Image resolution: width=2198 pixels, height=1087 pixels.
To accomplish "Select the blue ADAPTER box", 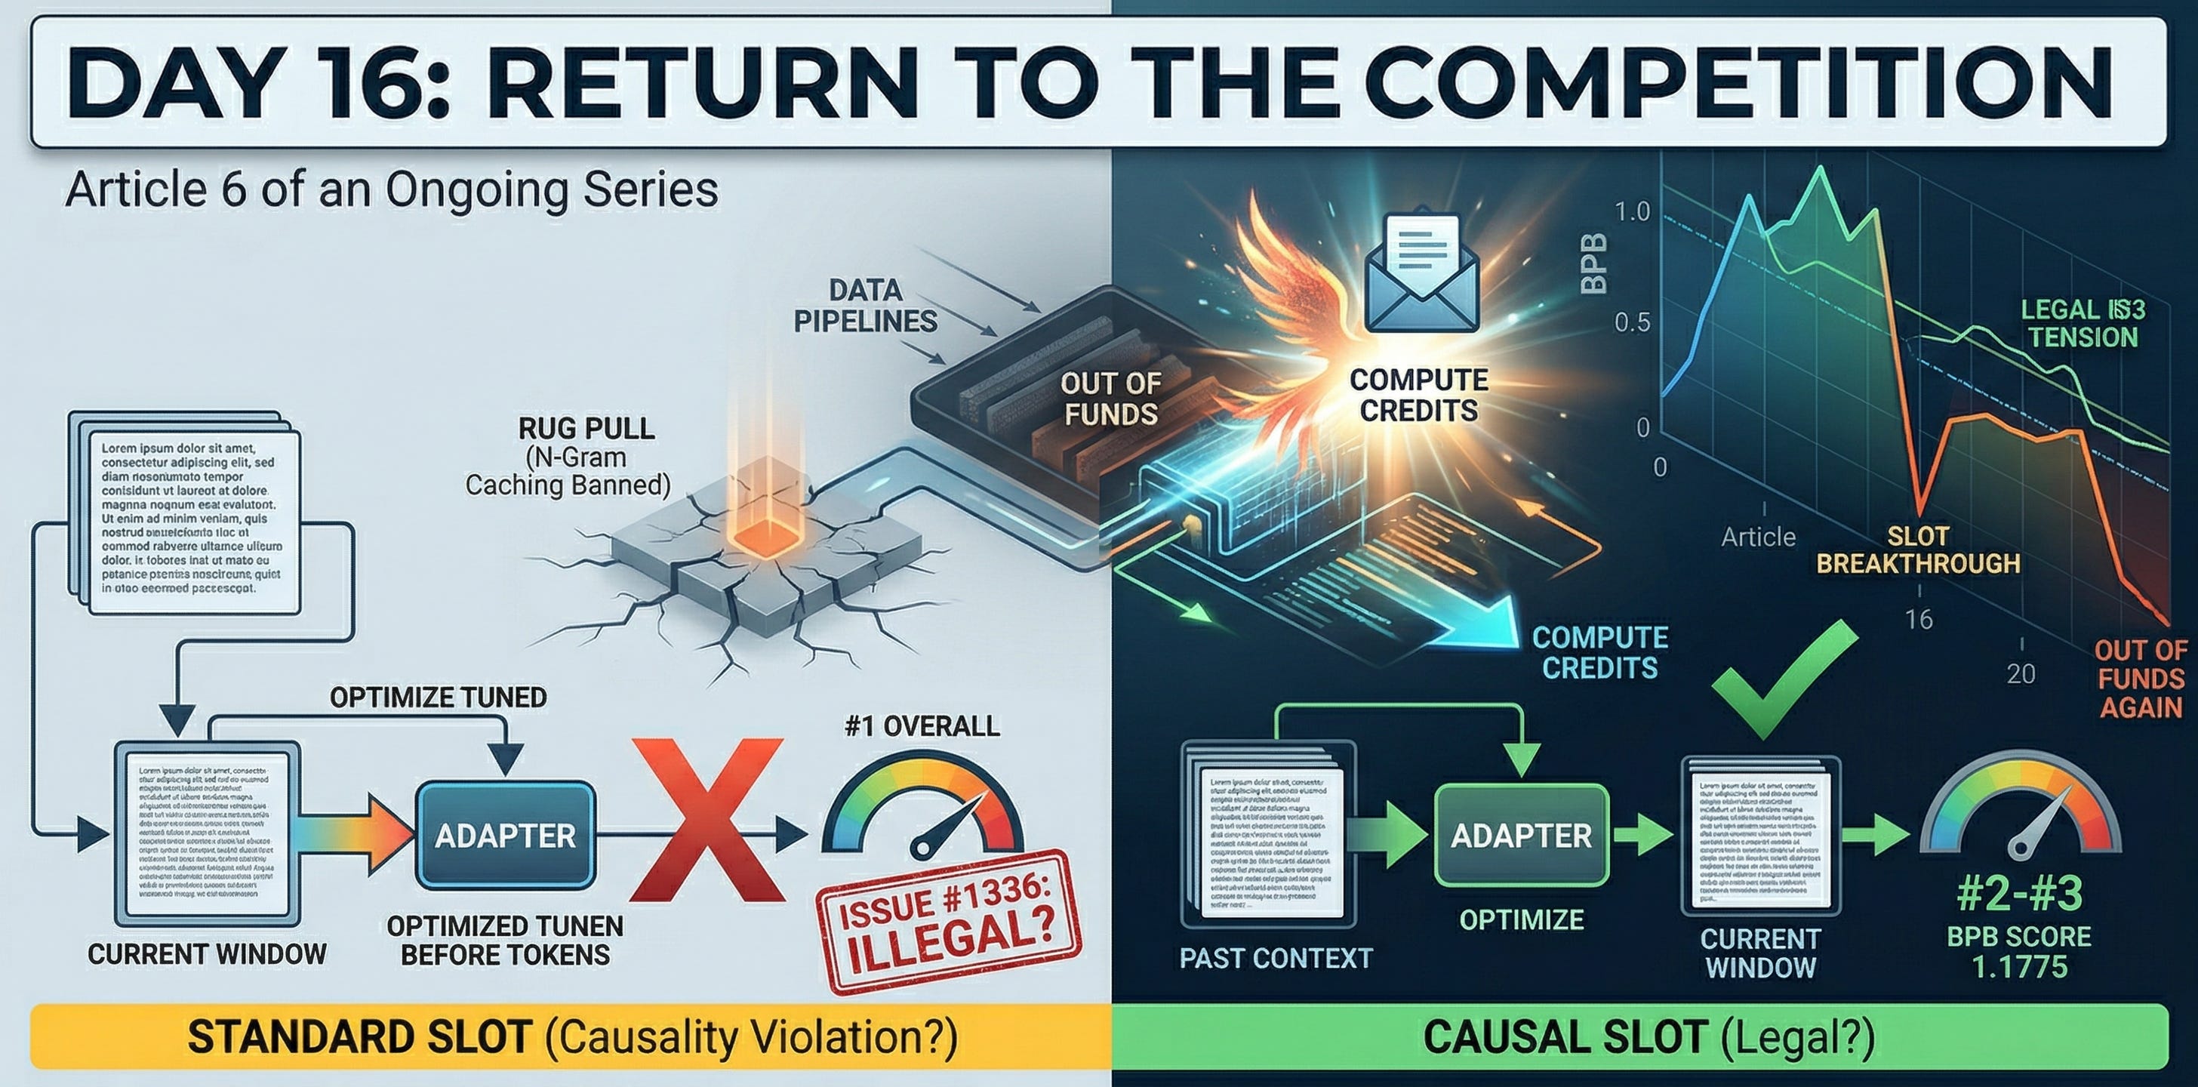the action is (x=505, y=836).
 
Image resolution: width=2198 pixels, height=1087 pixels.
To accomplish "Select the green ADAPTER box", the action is (x=1522, y=836).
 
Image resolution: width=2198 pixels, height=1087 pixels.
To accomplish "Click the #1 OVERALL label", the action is (x=922, y=726).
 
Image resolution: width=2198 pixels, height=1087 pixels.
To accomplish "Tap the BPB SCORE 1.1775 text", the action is (x=2019, y=951).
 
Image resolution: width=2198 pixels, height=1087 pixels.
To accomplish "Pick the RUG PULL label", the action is (x=586, y=428).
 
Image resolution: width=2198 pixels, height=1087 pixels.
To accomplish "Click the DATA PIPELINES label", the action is (x=865, y=306).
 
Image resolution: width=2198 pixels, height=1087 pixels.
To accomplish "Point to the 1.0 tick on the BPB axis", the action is (x=1633, y=211).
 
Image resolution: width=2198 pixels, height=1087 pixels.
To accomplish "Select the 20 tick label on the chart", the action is (x=2021, y=674).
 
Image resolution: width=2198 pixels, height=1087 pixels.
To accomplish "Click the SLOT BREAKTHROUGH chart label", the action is (x=1917, y=550).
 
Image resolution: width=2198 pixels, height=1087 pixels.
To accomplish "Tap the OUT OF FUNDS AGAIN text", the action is (x=2140, y=679).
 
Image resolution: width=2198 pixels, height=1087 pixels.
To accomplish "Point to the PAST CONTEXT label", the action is (x=1276, y=958).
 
